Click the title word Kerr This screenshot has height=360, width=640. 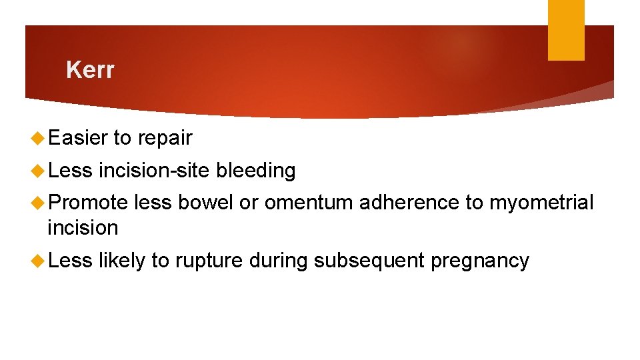(90, 70)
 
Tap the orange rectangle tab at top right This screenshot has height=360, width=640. (565, 30)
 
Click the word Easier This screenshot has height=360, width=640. (77, 138)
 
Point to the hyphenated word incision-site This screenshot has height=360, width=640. (154, 171)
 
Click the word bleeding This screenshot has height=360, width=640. (255, 171)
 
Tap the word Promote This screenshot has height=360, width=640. (87, 203)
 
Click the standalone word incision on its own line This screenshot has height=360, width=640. (83, 228)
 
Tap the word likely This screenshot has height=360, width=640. (121, 261)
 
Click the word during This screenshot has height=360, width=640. (278, 261)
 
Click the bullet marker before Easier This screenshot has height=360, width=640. (38, 139)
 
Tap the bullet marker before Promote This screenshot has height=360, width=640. (38, 203)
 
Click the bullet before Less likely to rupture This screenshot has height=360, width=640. (38, 261)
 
